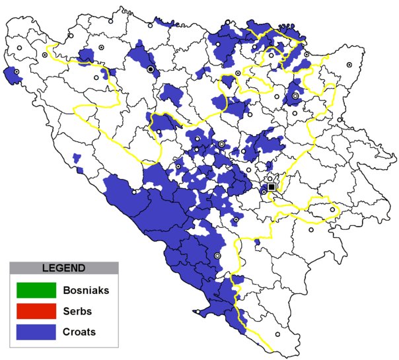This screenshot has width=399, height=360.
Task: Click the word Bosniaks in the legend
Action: tap(85, 289)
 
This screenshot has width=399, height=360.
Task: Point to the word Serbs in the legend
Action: tap(77, 310)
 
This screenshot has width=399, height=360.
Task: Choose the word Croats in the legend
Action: tap(79, 332)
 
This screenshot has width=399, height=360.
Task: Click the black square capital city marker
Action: tap(271, 187)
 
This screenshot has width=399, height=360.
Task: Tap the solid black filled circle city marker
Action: tap(151, 69)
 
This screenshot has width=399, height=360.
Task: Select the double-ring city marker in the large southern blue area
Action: tap(217, 256)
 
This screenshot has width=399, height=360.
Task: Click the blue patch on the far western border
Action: tap(11, 75)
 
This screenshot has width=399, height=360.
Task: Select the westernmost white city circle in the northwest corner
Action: tap(20, 48)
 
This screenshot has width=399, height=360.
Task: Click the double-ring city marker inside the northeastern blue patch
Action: tap(295, 96)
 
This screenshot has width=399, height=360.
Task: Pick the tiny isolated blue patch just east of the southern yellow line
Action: tap(256, 242)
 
